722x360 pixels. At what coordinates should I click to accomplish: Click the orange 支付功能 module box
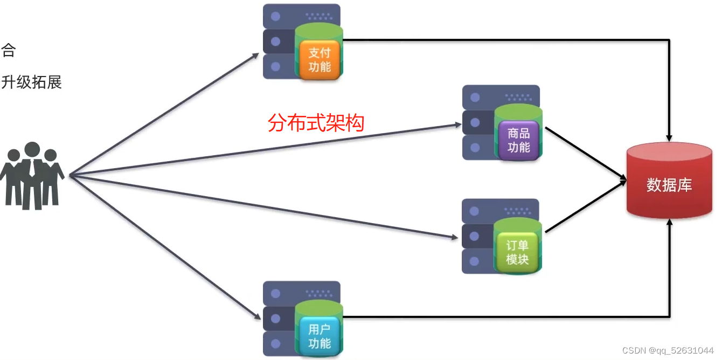pos(320,60)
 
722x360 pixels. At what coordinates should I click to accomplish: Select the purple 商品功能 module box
pos(518,140)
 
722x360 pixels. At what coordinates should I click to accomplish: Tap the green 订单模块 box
pos(517,252)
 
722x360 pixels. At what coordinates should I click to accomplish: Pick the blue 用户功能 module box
pos(320,336)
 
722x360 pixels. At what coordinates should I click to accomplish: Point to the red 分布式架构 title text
pos(316,123)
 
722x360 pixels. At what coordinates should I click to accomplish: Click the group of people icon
pos(32,176)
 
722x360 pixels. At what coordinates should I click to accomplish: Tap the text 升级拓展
pos(31,82)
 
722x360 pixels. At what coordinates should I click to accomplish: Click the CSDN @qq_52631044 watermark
pos(668,350)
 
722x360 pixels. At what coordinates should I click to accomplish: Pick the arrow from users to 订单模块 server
pos(264,207)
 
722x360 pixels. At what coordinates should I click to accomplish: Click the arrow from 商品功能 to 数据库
pos(585,153)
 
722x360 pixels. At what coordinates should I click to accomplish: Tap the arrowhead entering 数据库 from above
pos(669,137)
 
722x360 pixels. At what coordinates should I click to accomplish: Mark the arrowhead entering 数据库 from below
pos(669,223)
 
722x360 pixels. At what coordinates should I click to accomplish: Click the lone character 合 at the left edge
pos(8,51)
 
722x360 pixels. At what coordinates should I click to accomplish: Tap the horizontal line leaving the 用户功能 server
pos(485,316)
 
